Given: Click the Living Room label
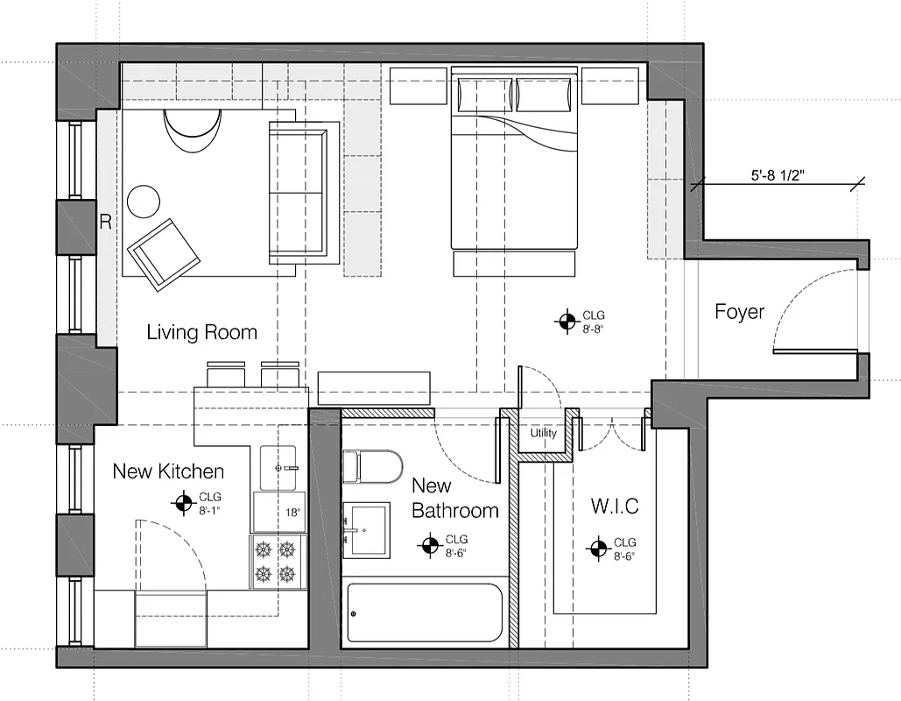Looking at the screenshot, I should coord(201,332).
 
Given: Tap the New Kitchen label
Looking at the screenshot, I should coord(168,471).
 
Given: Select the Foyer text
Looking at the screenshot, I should coord(739,312).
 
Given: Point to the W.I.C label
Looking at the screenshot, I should coord(614,506).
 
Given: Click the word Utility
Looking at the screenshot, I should coord(543,433).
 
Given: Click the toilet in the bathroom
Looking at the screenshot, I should coord(371,466).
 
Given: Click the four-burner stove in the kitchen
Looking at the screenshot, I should coord(274,563).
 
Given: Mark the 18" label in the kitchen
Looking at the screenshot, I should coord(292,512).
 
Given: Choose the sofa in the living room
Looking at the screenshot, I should coord(303,193).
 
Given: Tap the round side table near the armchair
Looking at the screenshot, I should coord(144,202).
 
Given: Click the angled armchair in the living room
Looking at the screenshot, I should coord(164,252).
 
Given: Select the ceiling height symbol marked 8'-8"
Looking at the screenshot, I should coord(567,322).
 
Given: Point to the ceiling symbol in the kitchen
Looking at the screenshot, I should coord(183,503).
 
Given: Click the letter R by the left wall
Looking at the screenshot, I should coord(105,223).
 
